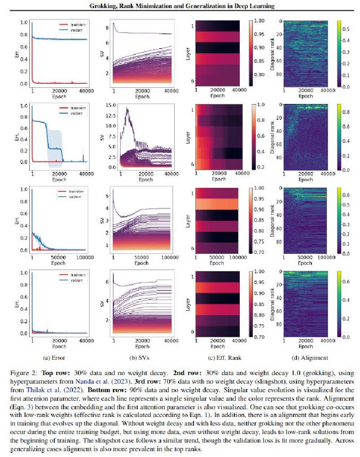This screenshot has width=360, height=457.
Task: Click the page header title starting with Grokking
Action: coord(182,5)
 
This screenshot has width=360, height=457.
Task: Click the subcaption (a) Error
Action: coord(54,357)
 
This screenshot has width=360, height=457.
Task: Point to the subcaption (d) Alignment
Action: coord(310,357)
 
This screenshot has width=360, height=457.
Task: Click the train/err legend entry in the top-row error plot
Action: coord(72,25)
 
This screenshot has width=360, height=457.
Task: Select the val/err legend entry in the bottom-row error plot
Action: coord(72,280)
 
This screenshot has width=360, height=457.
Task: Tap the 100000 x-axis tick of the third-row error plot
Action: coord(85,258)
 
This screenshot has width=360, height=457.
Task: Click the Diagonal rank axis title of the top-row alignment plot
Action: coord(272,54)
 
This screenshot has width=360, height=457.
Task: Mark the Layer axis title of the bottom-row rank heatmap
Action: coord(188,304)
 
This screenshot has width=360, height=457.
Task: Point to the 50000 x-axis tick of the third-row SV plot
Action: coord(142,258)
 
